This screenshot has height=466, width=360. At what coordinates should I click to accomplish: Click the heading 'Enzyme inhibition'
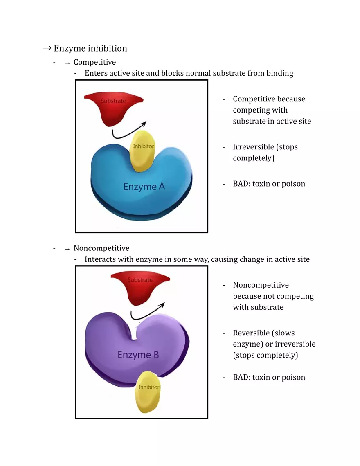click(90, 48)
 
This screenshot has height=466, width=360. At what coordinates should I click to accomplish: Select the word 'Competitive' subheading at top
click(94, 62)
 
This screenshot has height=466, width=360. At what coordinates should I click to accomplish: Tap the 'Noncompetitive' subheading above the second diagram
click(101, 248)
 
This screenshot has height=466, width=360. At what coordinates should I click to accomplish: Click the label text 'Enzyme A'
click(144, 187)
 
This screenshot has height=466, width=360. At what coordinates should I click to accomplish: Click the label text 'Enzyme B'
click(138, 355)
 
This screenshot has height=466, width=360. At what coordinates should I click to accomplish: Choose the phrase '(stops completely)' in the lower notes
click(265, 355)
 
